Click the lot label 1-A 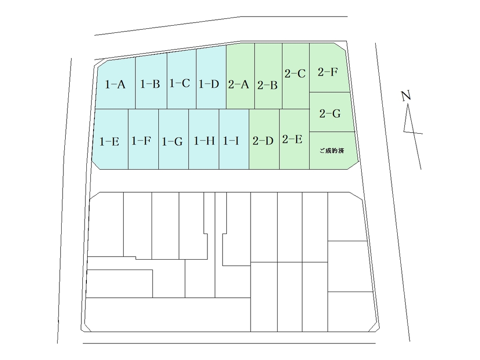(115, 84)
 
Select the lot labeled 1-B (150, 84)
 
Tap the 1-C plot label (179, 83)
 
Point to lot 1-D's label (209, 84)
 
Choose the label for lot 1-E (109, 141)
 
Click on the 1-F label (141, 141)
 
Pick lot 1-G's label (172, 141)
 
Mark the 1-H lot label (204, 141)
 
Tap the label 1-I (231, 141)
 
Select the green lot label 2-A (238, 84)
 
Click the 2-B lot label (267, 85)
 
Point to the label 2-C (295, 73)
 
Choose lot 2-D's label (263, 141)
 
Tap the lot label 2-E (292, 139)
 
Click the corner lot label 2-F (327, 72)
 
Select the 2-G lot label (330, 113)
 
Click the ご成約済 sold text (332, 151)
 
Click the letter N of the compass (406, 96)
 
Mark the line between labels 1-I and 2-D (249, 139)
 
